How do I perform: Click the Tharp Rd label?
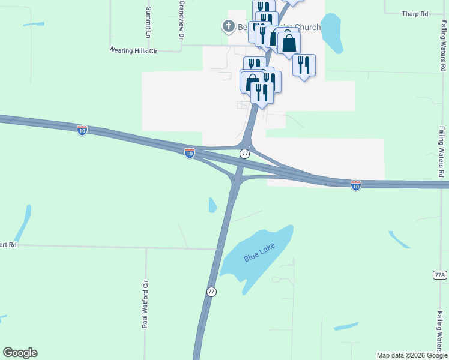tap(415, 14)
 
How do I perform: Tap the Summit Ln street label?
tap(149, 20)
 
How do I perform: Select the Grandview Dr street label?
tap(181, 19)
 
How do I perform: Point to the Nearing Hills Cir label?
tap(133, 52)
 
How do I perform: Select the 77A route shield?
tap(440, 275)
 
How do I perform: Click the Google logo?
tap(20, 353)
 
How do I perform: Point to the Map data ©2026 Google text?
tap(412, 355)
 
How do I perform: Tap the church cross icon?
tap(228, 26)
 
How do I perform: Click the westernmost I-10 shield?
tap(82, 130)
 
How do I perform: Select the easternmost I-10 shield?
tap(356, 185)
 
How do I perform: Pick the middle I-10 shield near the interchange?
tap(190, 154)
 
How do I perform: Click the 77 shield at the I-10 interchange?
tap(244, 154)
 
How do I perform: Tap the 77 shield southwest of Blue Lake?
tap(211, 292)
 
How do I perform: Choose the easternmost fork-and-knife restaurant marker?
tap(304, 65)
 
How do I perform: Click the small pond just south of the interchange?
tap(212, 205)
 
